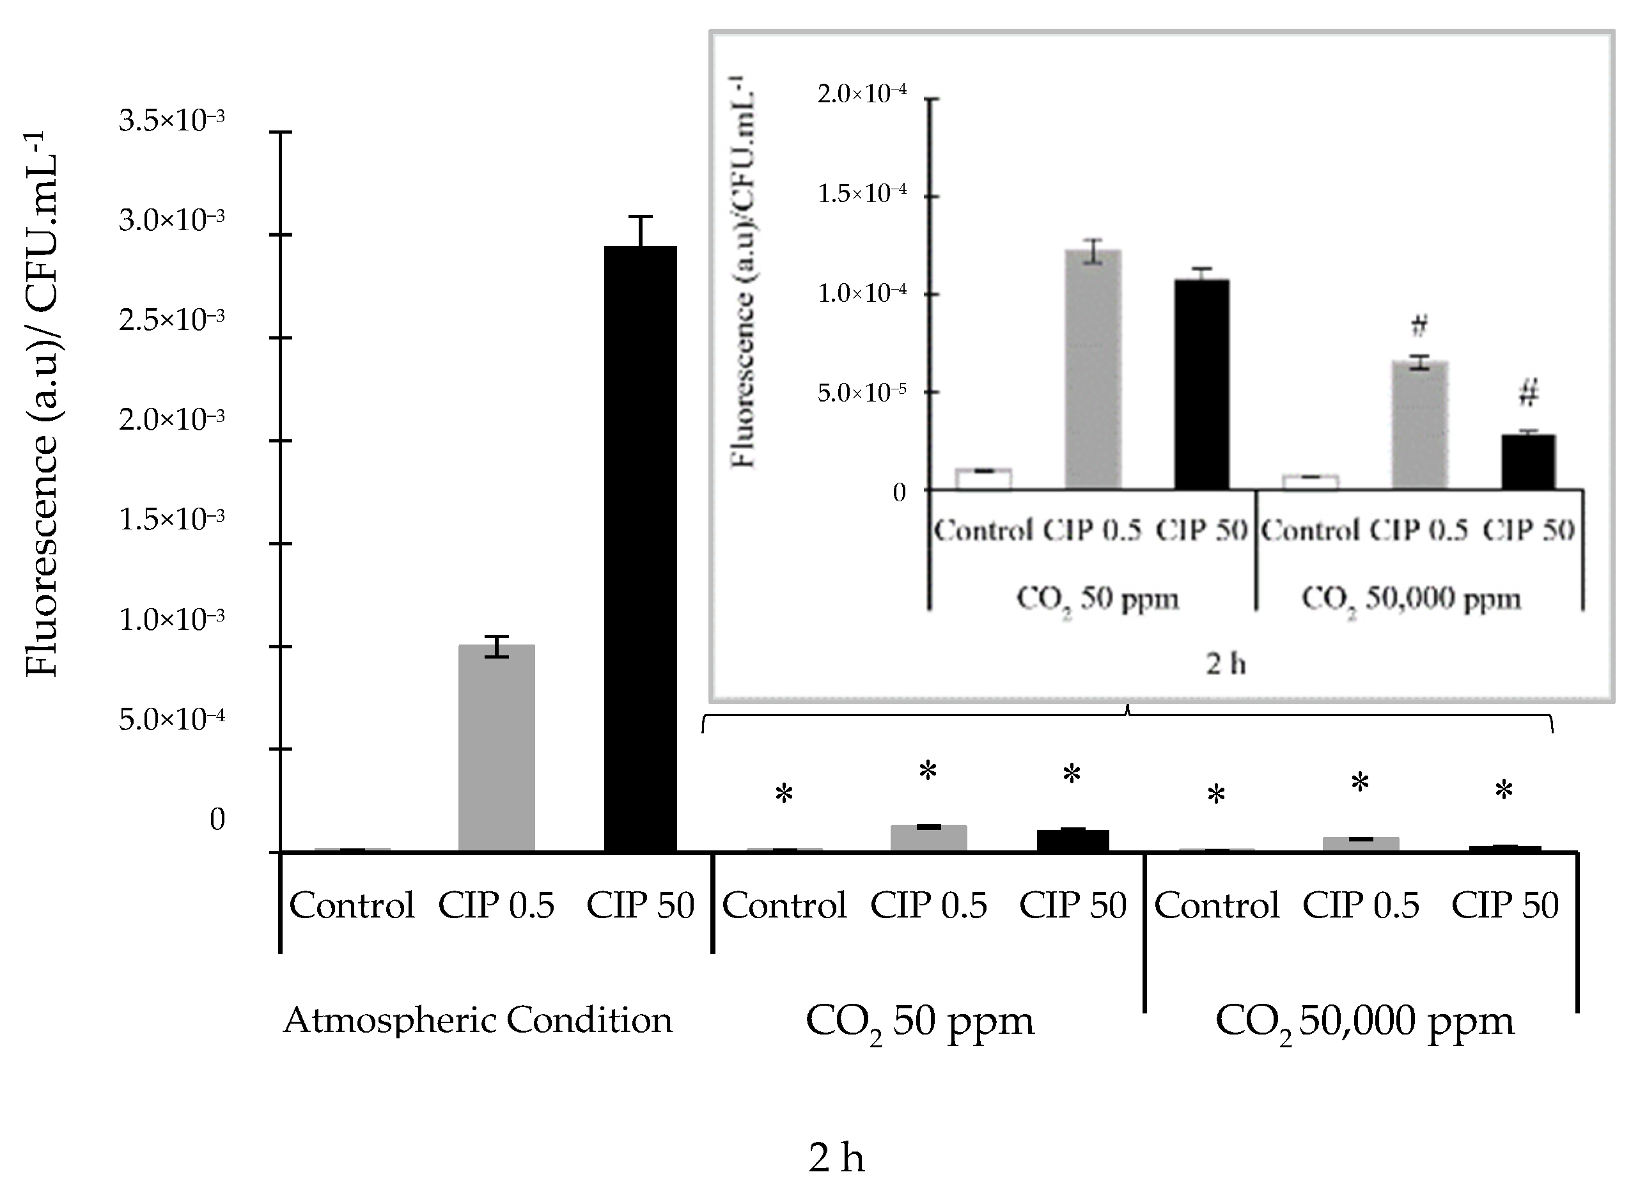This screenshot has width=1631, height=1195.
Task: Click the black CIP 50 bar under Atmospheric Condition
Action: pos(640,550)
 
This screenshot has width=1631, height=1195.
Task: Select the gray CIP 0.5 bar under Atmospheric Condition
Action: pos(496,749)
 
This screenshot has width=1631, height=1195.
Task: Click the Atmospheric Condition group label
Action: pos(478,1020)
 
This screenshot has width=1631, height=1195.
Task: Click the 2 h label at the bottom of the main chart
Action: pos(836,1158)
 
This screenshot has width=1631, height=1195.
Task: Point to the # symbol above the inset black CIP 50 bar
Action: pos(1528,393)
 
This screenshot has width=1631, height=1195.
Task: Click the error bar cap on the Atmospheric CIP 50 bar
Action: pos(640,216)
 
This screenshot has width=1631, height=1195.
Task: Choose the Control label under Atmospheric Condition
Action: pos(352,905)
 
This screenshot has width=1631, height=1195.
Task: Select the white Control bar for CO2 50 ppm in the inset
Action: pos(983,480)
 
